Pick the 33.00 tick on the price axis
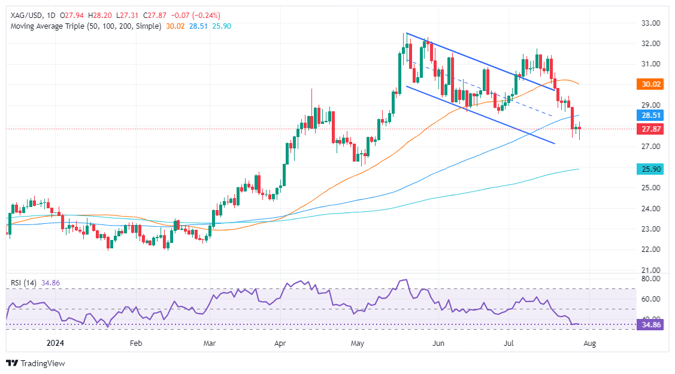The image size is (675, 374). pos(651,23)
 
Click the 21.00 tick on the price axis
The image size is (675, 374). pos(651,270)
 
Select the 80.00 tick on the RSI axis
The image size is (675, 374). pos(651,279)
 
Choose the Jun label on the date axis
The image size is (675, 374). pos(438,344)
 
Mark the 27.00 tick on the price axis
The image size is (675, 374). pos(651,147)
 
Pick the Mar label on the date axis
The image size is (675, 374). pos(209,344)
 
